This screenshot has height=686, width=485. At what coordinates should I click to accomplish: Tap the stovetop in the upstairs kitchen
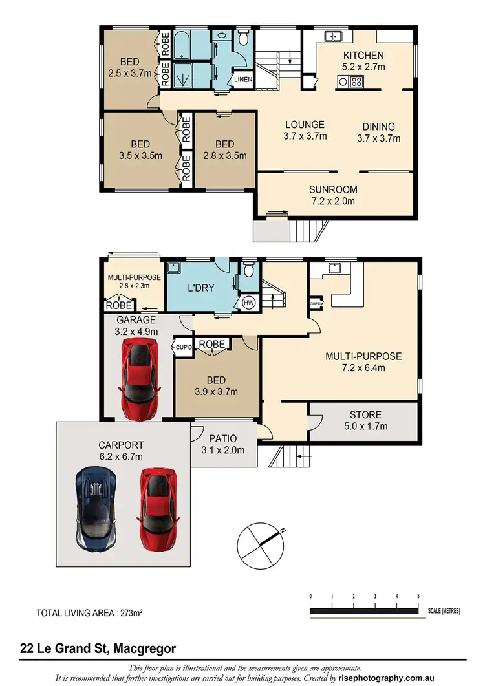(x=355, y=81)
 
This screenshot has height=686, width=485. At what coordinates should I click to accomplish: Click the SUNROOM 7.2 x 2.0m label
(x=333, y=195)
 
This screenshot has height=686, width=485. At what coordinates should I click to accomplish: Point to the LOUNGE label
(x=305, y=130)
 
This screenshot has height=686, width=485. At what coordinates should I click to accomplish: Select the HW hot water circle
(x=249, y=303)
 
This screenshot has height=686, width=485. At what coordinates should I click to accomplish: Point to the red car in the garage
(x=139, y=378)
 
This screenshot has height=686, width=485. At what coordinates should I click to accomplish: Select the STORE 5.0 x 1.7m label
(x=365, y=420)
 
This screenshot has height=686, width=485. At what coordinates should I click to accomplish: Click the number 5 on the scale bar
(x=419, y=595)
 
